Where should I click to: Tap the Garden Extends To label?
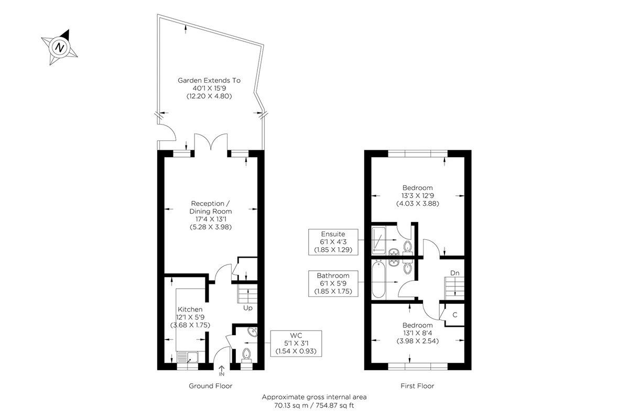pos(209,81)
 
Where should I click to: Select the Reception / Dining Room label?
pos(211,207)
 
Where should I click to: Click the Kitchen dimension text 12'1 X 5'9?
pos(190,317)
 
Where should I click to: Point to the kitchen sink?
pos(188,357)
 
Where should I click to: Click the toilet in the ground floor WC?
pos(246,356)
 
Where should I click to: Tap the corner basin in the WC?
pos(253,332)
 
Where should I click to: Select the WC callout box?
pos(296,344)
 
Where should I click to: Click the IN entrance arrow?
pos(222,370)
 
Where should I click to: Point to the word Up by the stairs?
pos(247,308)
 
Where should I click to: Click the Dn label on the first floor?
pos(454,273)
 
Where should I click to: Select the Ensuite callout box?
pos(333,242)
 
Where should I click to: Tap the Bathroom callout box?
pos(333,283)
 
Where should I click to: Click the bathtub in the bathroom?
pos(378,279)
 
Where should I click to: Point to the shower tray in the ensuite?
pos(378,241)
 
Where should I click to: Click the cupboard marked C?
pos(454,315)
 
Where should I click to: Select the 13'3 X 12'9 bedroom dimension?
pos(418,195)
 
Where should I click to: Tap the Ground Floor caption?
pos(211,386)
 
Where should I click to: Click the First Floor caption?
pos(417,386)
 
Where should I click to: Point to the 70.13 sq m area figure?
pos(291,405)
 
